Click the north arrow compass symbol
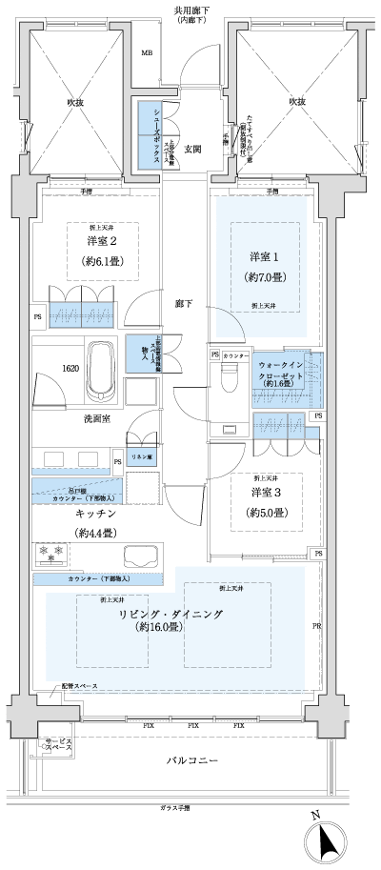pyautogui.click(x=327, y=840)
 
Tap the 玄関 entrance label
pyautogui.click(x=193, y=150)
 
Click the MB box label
pyautogui.click(x=147, y=52)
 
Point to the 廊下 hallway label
pyautogui.click(x=184, y=302)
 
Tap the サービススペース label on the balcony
pyautogui.click(x=52, y=746)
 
